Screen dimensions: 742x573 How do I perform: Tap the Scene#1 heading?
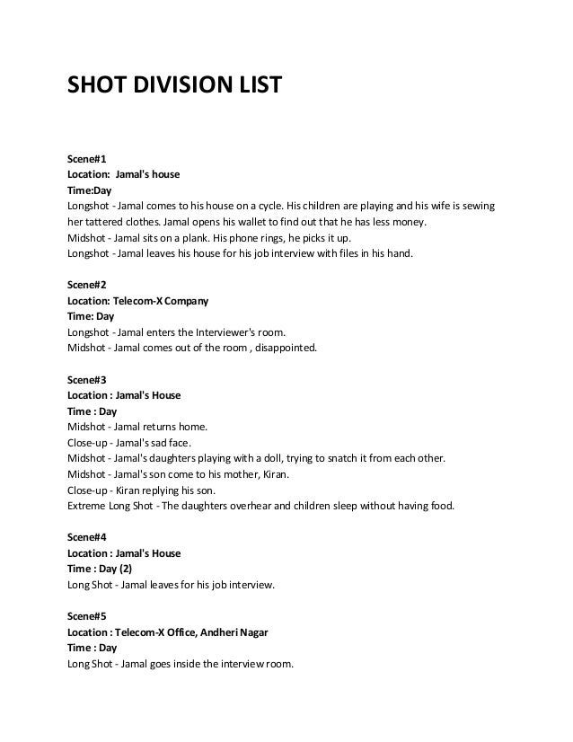point(87,158)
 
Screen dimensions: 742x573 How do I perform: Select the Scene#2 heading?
point(87,284)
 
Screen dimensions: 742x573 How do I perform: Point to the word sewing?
point(475,207)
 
